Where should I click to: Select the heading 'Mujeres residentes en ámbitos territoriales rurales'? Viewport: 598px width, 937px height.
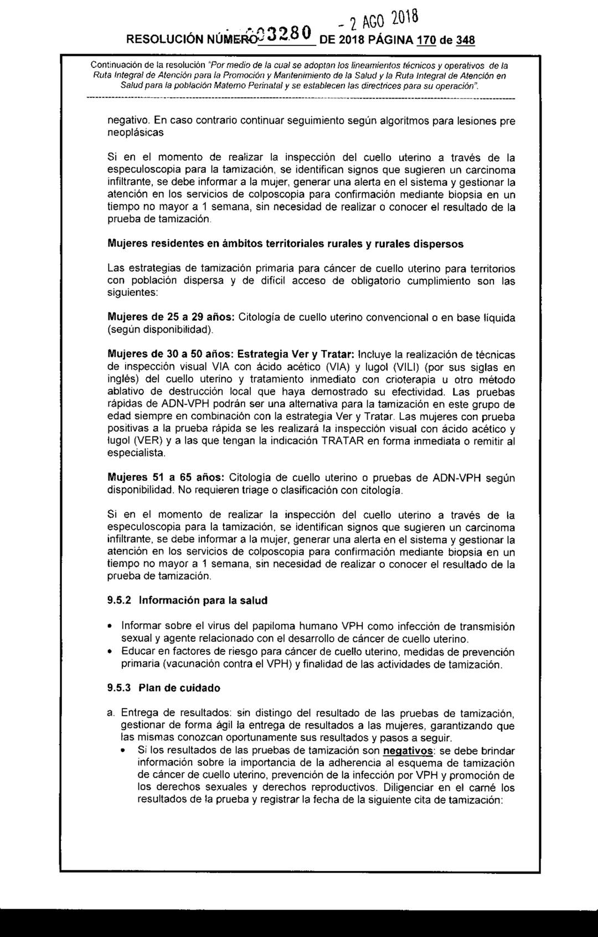point(285,243)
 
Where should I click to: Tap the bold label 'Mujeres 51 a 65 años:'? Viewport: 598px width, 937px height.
point(166,477)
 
